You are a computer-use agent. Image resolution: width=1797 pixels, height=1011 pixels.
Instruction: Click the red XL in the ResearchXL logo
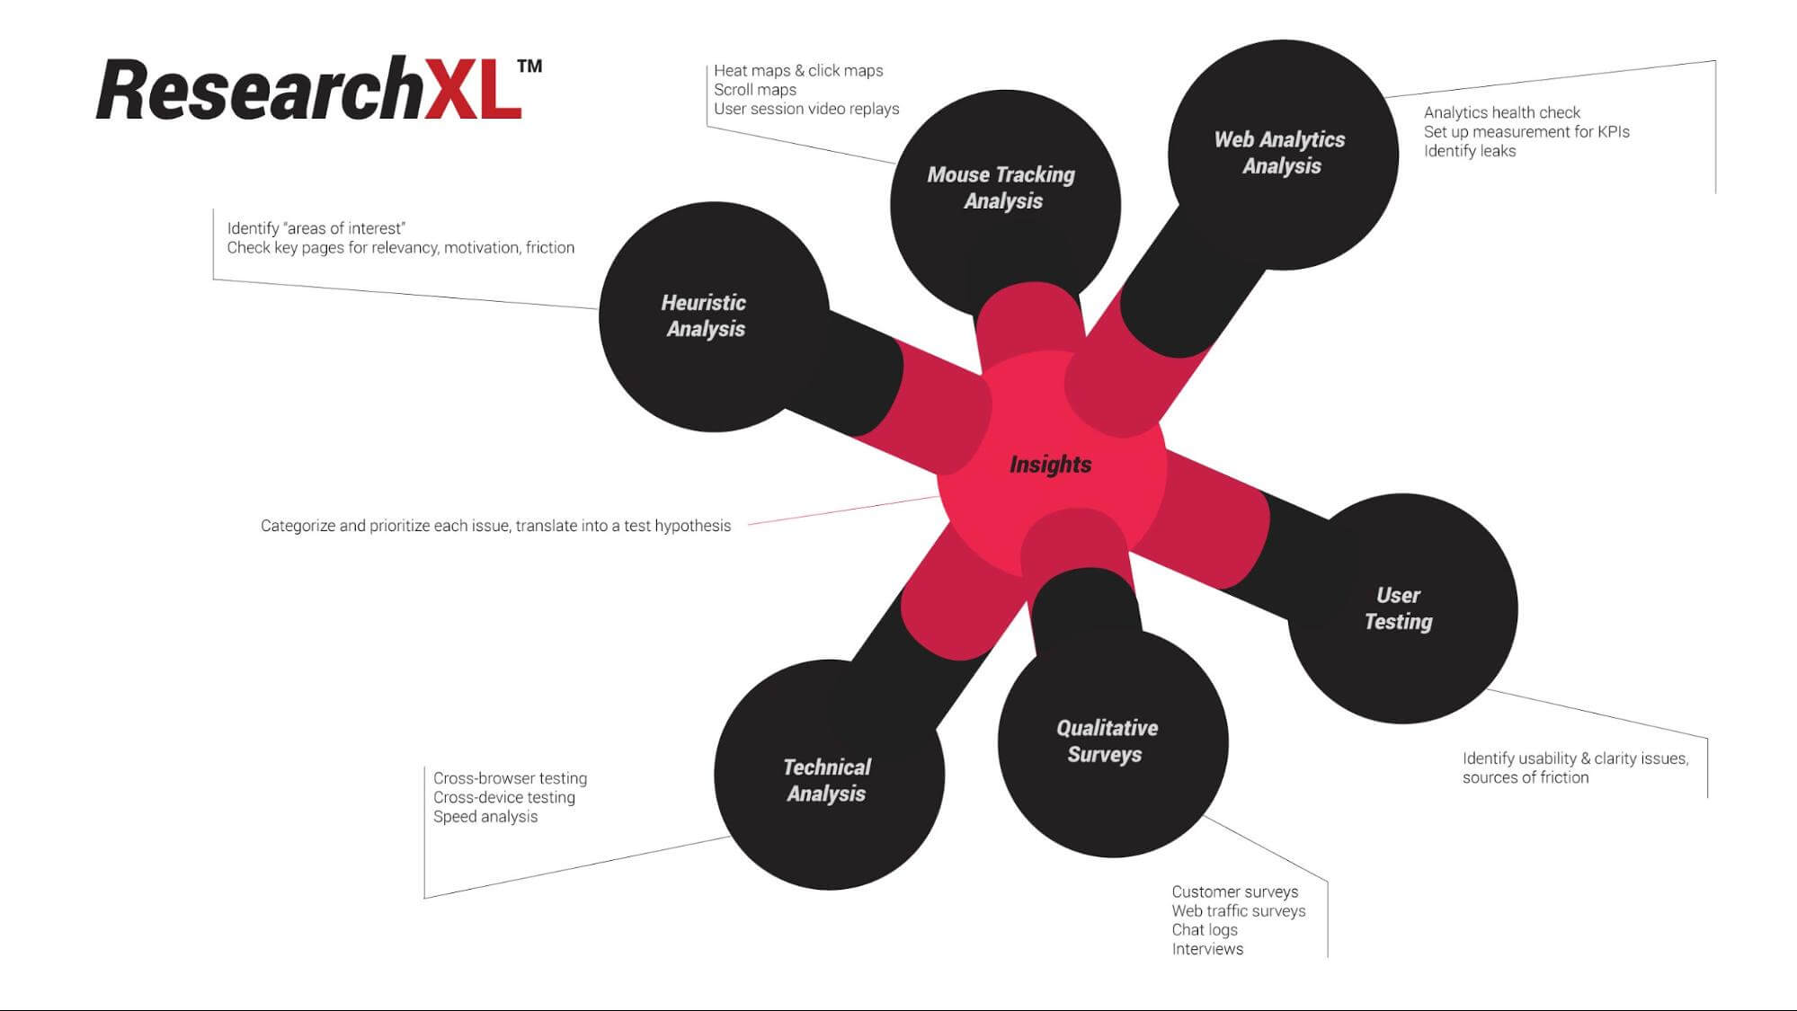pyautogui.click(x=471, y=90)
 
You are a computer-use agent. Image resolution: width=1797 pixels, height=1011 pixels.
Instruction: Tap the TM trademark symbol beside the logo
pyautogui.click(x=529, y=67)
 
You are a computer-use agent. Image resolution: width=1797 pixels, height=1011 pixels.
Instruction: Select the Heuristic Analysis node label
pyautogui.click(x=705, y=315)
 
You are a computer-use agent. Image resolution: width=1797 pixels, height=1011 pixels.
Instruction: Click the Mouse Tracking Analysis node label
pyautogui.click(x=1001, y=187)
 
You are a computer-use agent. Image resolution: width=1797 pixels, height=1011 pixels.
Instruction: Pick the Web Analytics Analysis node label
pyautogui.click(x=1280, y=152)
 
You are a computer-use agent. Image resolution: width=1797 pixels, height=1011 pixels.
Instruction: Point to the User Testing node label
pyautogui.click(x=1398, y=608)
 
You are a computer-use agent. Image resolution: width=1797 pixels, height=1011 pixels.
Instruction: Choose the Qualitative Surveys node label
pyautogui.click(x=1106, y=741)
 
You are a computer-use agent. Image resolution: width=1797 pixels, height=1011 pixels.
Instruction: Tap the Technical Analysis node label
pyautogui.click(x=826, y=780)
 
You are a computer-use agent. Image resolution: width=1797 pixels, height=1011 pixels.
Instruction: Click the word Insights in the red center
pyautogui.click(x=1050, y=465)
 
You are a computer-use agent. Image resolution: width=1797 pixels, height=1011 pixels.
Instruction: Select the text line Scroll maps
pyautogui.click(x=755, y=90)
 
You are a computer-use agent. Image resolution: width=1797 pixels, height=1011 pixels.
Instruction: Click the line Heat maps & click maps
pyautogui.click(x=798, y=71)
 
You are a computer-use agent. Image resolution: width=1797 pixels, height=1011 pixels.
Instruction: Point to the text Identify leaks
pyautogui.click(x=1470, y=151)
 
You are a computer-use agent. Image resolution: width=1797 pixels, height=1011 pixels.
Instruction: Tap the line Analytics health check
pyautogui.click(x=1501, y=112)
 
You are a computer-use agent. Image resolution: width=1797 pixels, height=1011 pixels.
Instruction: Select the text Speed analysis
pyautogui.click(x=485, y=817)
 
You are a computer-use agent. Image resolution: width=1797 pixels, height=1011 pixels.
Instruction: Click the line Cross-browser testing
pyautogui.click(x=510, y=778)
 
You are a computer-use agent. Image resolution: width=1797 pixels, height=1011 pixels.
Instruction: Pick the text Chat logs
pyautogui.click(x=1205, y=930)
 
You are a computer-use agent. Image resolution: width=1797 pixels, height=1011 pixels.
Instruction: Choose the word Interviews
pyautogui.click(x=1207, y=949)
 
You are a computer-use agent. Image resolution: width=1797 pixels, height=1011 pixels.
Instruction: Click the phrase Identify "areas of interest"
pyautogui.click(x=316, y=228)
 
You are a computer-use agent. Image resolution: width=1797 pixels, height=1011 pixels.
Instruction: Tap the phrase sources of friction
pyautogui.click(x=1525, y=777)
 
